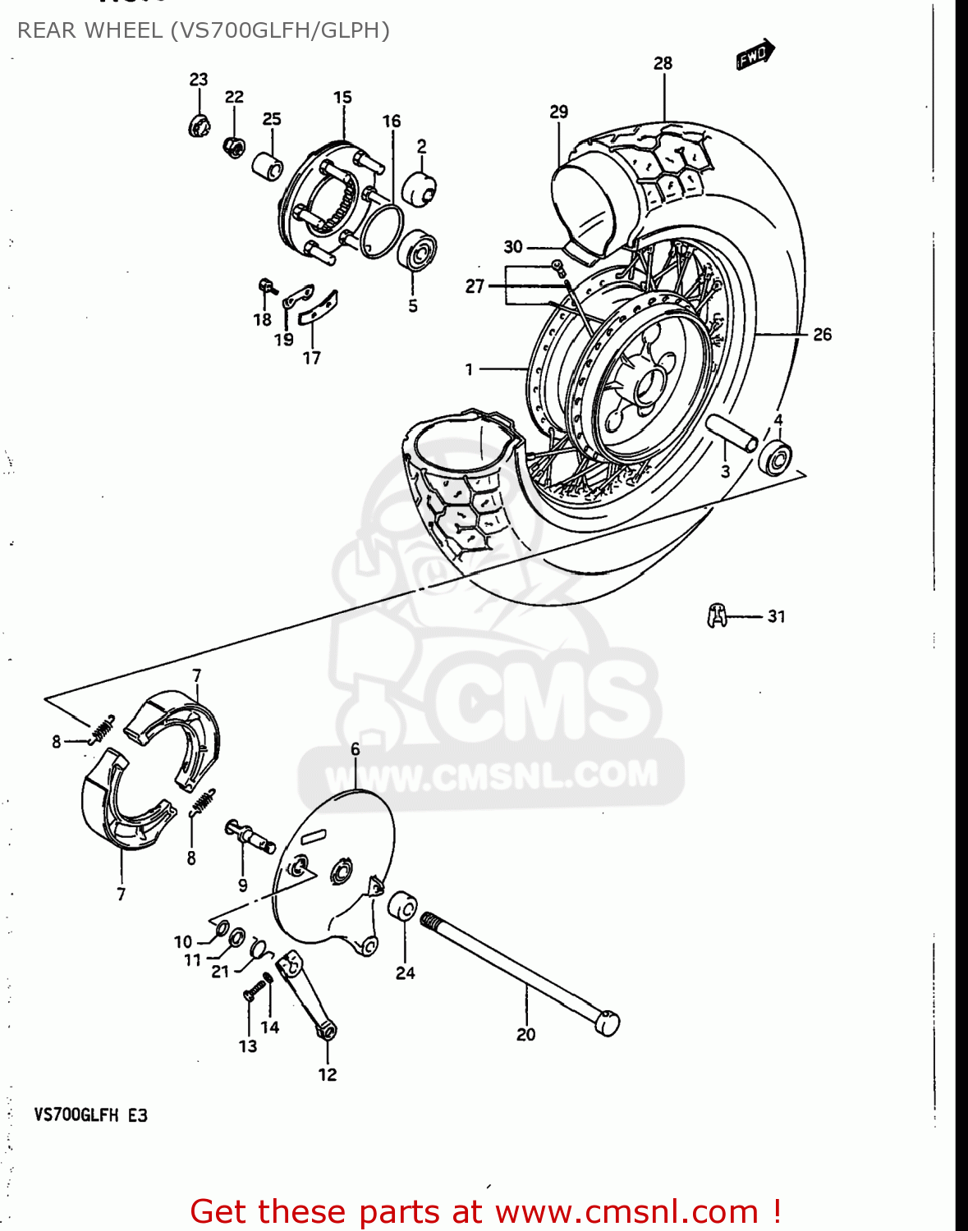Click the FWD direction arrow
[755, 55]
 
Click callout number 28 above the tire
[663, 63]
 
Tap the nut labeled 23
[198, 126]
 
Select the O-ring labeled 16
[380, 231]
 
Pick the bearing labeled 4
[776, 458]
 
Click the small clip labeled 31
[717, 615]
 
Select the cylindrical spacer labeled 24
[402, 908]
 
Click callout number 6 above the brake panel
[355, 748]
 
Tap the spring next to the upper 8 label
[102, 728]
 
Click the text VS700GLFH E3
[90, 1115]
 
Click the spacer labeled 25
[268, 166]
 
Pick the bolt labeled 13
[251, 995]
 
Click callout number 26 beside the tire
[822, 334]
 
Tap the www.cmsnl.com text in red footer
[626, 1211]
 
